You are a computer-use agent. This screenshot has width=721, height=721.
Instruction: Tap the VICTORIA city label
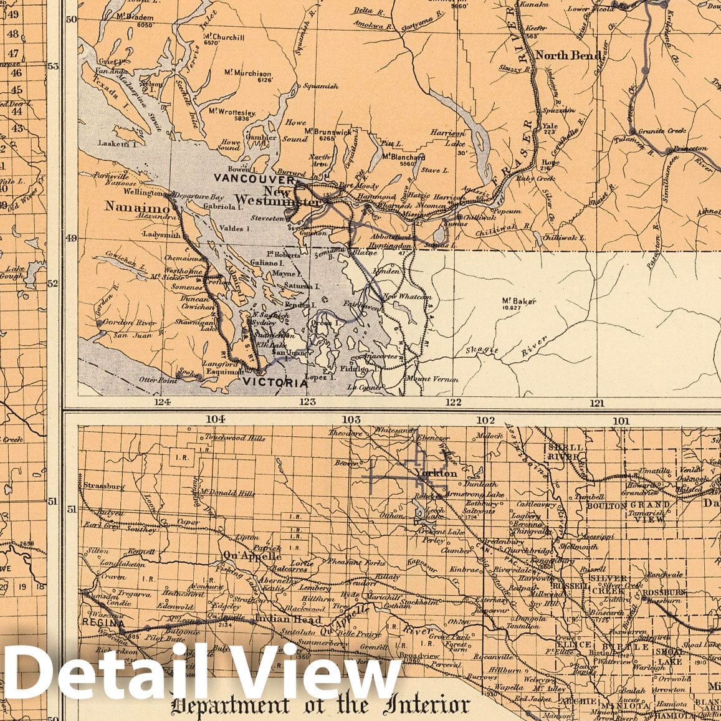275,383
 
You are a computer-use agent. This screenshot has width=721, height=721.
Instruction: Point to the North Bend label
561,55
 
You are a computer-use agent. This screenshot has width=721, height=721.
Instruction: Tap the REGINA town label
102,622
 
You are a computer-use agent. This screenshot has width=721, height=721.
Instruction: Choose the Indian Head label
289,620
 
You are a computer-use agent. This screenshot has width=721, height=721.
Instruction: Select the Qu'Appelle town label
243,556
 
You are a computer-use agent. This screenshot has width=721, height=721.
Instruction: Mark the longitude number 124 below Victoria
163,403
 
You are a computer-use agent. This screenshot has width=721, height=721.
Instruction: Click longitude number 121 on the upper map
597,403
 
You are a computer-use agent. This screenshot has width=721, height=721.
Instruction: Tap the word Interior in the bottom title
424,705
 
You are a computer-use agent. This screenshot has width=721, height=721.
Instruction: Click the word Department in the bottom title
230,706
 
